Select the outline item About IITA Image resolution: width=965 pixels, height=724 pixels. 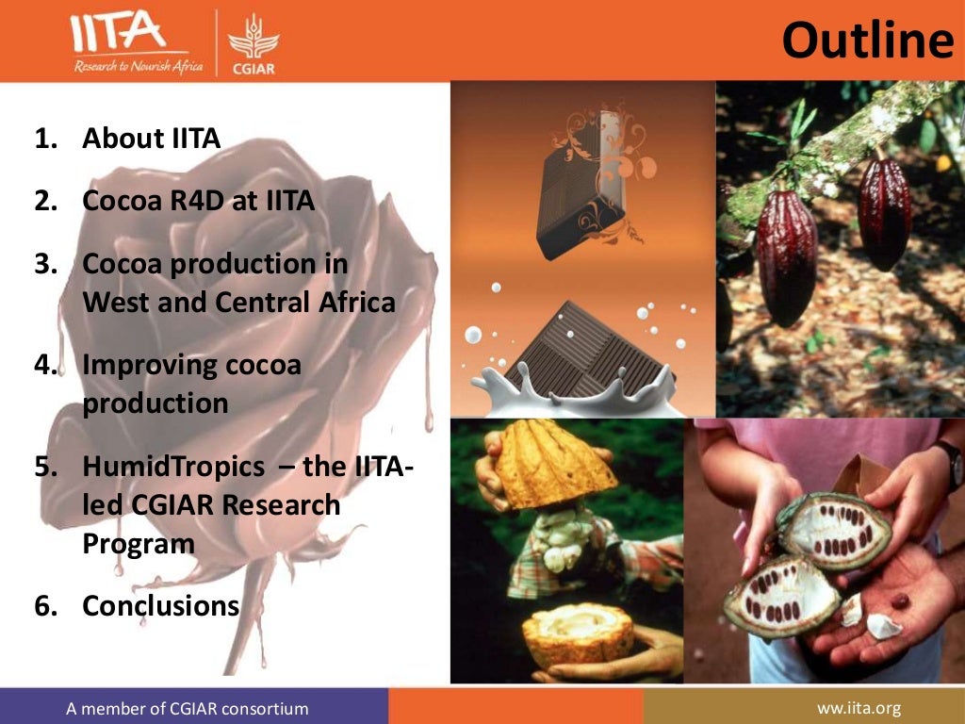point(151,139)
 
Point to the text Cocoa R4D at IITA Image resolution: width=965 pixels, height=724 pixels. point(198,201)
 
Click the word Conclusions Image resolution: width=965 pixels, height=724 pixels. point(160,605)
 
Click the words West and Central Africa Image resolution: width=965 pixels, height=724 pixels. point(238,303)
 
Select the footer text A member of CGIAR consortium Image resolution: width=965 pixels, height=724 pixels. point(187,708)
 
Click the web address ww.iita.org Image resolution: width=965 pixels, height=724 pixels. point(860,708)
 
